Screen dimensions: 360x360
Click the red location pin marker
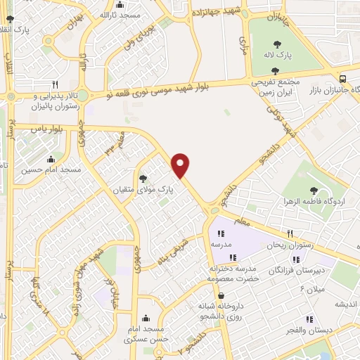[x=181, y=165]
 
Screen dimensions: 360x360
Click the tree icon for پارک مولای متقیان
[x=143, y=179]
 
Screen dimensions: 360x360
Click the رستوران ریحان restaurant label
[x=289, y=245]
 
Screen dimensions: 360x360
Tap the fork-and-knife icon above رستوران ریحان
[x=289, y=234]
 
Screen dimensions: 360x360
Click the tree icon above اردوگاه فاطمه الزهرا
[x=314, y=191]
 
